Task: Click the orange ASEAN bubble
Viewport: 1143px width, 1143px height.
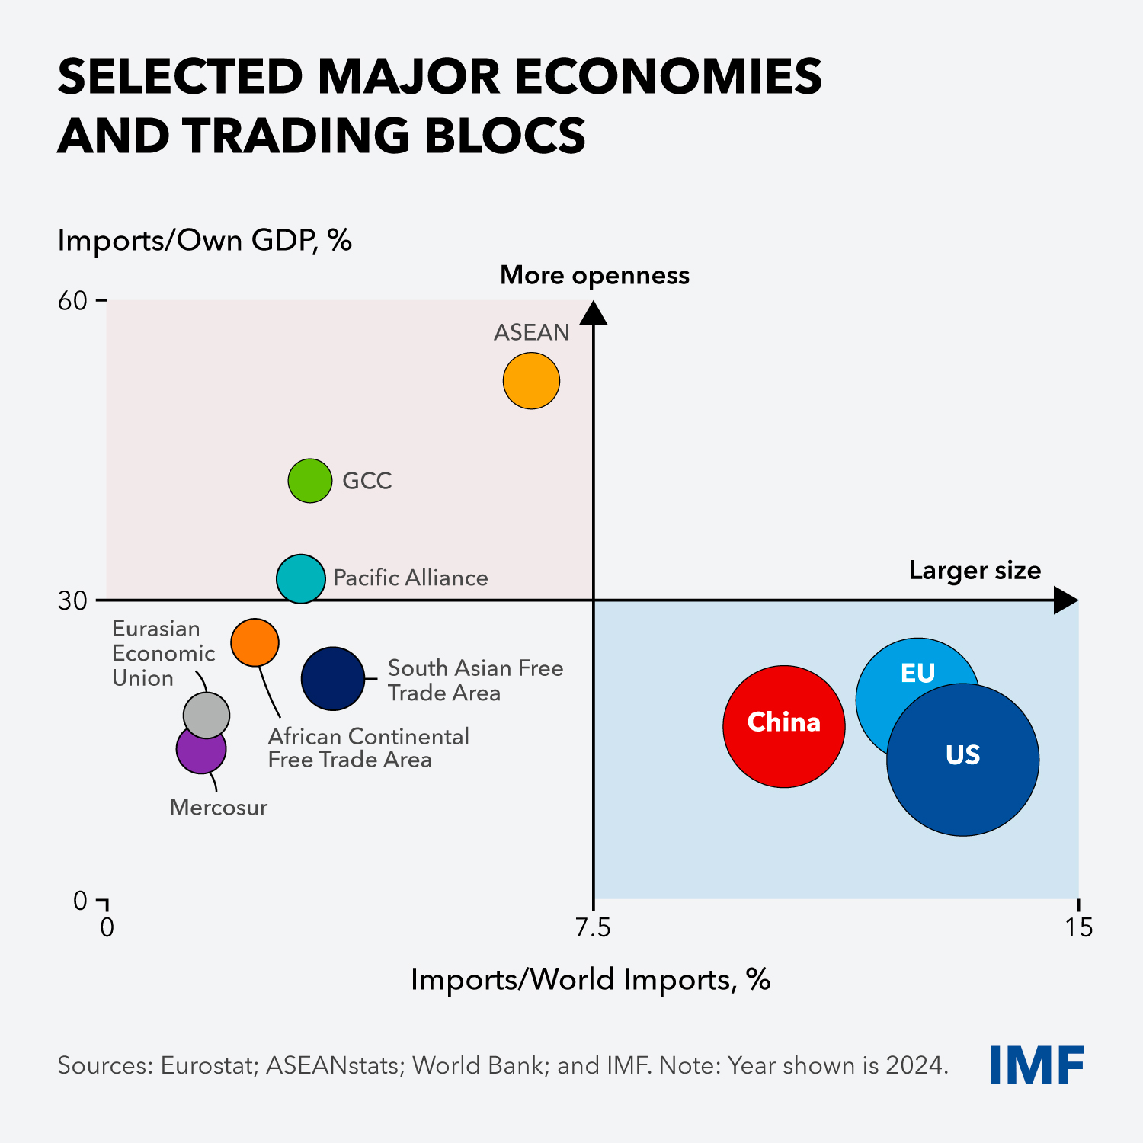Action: tap(531, 381)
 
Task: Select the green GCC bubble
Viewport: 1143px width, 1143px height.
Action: tap(310, 481)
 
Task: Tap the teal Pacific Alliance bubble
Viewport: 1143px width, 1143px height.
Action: tap(301, 578)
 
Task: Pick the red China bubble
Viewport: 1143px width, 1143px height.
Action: tap(783, 725)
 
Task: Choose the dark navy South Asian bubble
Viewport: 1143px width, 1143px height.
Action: tap(333, 678)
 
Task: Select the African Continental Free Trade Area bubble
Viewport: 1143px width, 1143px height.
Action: tap(255, 642)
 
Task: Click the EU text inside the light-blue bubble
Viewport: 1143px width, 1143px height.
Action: tap(917, 674)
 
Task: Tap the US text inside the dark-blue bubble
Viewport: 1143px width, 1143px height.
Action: tap(962, 755)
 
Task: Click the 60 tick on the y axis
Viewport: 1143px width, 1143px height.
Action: tap(73, 301)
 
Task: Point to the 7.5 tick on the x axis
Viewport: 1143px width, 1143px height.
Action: tap(593, 927)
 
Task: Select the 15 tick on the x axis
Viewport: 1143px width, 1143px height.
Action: tap(1079, 927)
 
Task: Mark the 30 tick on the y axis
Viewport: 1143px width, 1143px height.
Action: tap(73, 601)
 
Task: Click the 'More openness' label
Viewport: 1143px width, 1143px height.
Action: tap(594, 275)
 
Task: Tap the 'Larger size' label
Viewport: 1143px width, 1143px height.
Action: tap(975, 571)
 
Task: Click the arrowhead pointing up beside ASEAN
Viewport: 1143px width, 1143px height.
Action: tap(594, 313)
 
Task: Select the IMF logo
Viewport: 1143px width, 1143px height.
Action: tap(1036, 1065)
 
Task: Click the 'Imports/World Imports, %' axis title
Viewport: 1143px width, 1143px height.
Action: tap(591, 979)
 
